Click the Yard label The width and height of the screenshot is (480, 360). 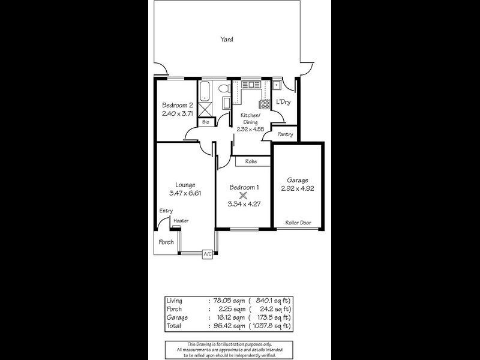(x=227, y=40)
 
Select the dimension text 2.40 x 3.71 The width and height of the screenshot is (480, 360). (x=177, y=114)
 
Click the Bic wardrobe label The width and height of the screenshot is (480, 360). (x=206, y=122)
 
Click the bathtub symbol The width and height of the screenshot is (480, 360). (x=205, y=91)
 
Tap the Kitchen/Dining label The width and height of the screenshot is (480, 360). (x=250, y=118)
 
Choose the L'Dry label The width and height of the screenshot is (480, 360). (x=283, y=103)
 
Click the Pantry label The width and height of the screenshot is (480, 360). (x=286, y=134)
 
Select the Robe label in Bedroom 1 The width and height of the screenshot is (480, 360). (x=251, y=161)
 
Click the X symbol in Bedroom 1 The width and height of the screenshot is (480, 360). (x=243, y=195)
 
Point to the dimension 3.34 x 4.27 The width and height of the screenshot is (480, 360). (x=244, y=204)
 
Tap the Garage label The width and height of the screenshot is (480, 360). (x=298, y=180)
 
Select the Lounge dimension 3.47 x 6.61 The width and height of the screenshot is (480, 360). (x=185, y=193)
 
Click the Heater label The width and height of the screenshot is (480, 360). (x=181, y=221)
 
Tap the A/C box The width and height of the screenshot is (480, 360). (x=208, y=254)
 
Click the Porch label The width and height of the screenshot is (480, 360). (x=166, y=242)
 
